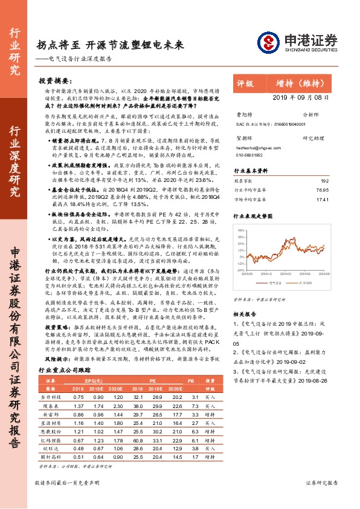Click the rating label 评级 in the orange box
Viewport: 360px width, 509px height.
[x=246, y=83]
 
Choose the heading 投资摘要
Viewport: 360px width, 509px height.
[x=54, y=80]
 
